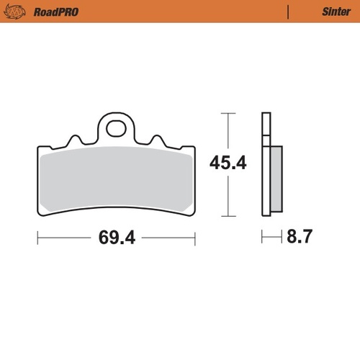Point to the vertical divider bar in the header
288,12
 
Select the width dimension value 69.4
115,237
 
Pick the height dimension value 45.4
228,163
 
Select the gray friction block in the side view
276,180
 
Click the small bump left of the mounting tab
73,140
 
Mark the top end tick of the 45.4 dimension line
228,114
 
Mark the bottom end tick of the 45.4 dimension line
228,216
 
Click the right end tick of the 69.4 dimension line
194,237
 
